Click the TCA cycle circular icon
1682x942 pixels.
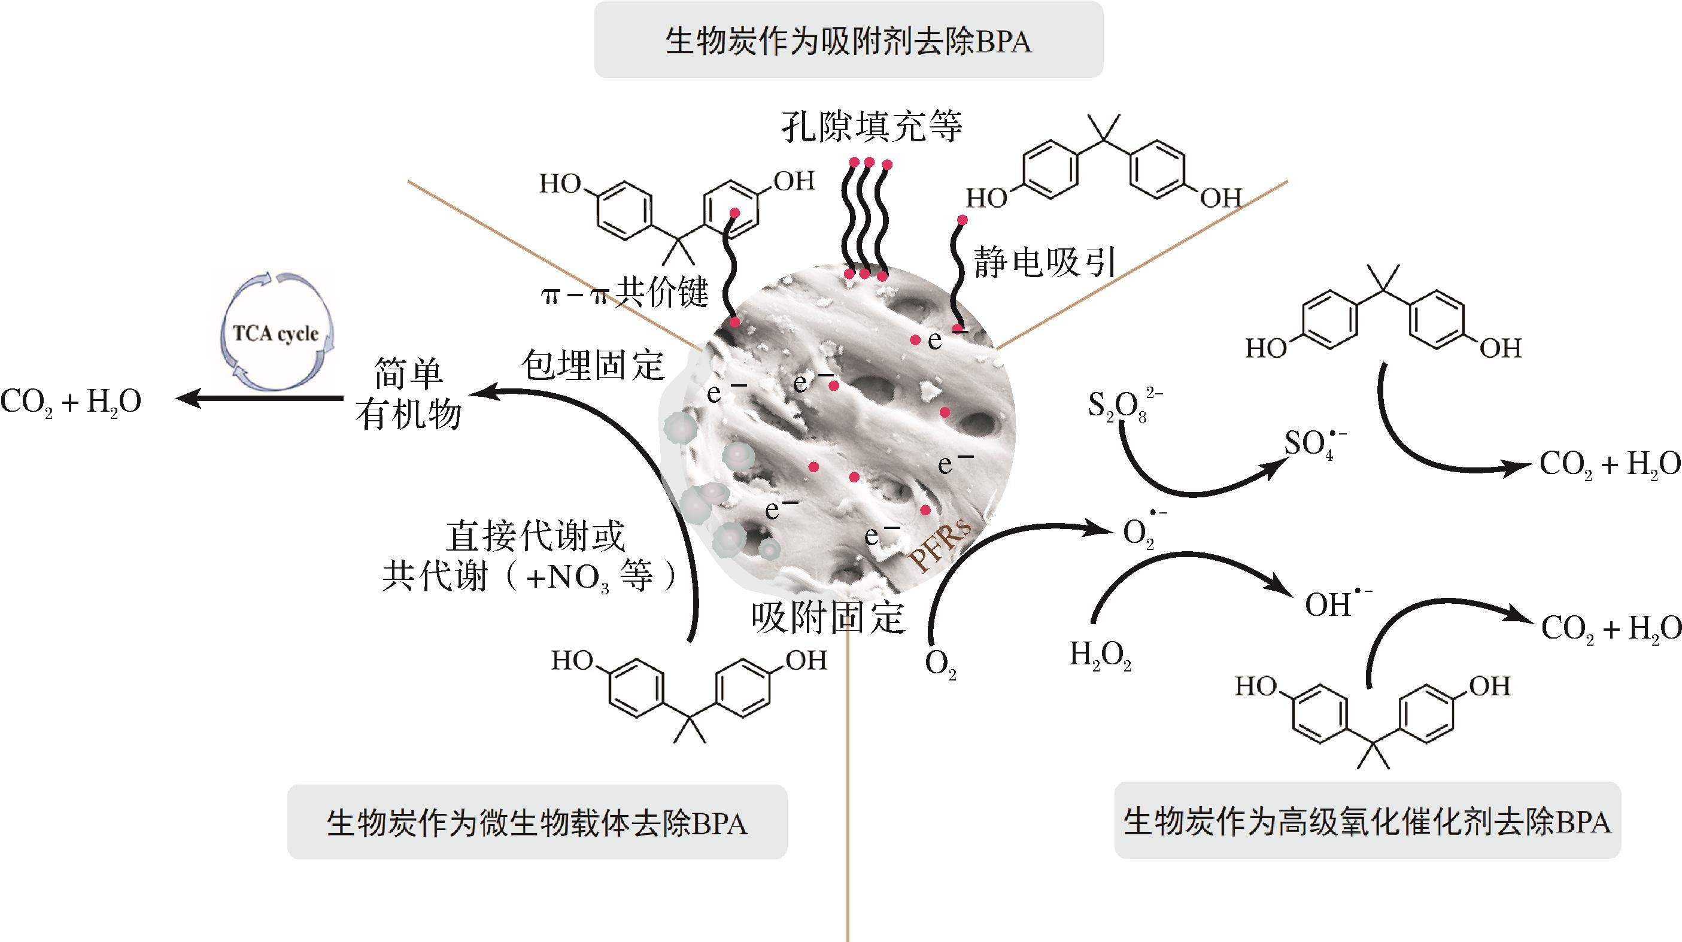pos(275,333)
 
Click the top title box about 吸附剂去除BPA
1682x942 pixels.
pos(848,41)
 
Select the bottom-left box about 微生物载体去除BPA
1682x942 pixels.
pos(537,822)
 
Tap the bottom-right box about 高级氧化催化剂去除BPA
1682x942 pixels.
pos(1367,821)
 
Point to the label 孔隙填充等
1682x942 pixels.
pos(871,127)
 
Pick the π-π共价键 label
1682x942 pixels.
pos(625,292)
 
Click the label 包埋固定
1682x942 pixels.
pos(592,365)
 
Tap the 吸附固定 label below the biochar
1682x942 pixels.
pos(827,617)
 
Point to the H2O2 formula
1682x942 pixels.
pos(1100,655)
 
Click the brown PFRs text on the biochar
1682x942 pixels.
pos(940,547)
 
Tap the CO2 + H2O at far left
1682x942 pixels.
pos(71,402)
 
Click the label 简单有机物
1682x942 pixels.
pos(409,394)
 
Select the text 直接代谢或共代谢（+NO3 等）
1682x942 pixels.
pos(530,557)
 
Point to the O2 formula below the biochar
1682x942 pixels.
pos(940,664)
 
